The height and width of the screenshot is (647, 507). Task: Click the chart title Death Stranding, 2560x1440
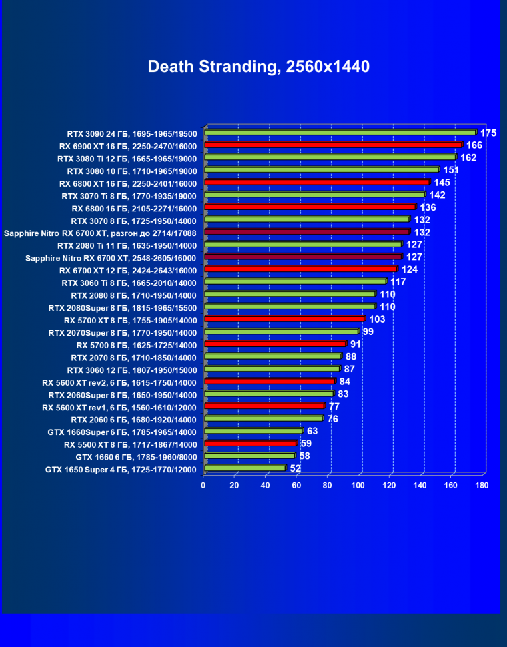258,67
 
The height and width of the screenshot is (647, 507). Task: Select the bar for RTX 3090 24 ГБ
340,133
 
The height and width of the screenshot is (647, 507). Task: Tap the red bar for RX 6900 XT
333,145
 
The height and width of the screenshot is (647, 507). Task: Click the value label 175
488,133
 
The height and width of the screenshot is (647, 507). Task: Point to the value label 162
468,158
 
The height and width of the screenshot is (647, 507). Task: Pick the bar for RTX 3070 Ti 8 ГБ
314,195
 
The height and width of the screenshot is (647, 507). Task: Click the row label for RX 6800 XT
128,183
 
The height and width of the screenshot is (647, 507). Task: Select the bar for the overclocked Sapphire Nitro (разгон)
306,232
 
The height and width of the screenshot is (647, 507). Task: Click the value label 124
409,269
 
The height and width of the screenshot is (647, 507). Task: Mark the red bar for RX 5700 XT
284,319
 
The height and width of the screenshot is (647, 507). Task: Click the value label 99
368,332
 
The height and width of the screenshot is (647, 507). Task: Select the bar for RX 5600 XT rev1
264,406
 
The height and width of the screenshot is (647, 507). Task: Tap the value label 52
296,469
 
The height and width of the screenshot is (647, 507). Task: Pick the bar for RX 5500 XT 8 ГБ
250,443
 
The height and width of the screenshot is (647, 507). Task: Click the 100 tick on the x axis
358,486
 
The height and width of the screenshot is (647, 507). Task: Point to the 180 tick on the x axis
482,486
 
